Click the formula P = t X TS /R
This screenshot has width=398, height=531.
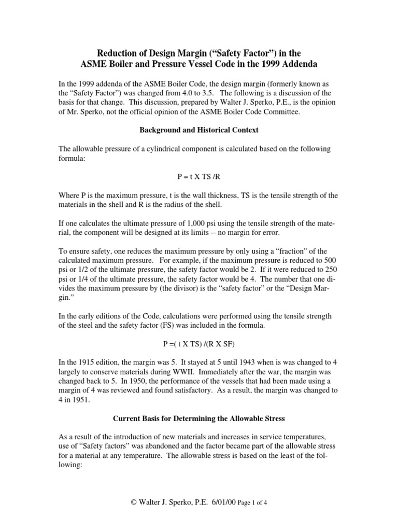pyautogui.click(x=198, y=176)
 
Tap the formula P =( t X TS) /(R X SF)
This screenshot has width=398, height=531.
pyautogui.click(x=198, y=329)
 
